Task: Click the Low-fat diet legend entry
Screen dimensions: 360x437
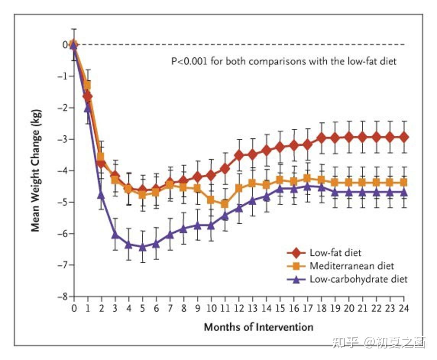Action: tap(335, 253)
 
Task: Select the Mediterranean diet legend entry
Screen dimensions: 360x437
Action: tap(351, 266)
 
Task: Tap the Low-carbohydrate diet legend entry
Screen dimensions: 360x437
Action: tap(358, 279)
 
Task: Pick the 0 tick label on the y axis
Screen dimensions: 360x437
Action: tap(66, 45)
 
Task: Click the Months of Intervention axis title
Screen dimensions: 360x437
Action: tap(258, 327)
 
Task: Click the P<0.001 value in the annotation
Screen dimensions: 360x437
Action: tap(189, 61)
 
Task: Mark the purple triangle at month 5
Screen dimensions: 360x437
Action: tap(143, 247)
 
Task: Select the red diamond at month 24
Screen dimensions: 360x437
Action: tap(403, 137)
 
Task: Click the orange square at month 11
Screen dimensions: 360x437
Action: tap(225, 204)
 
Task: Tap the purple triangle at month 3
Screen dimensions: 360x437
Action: tap(115, 234)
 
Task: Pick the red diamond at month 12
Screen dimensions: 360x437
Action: tap(239, 155)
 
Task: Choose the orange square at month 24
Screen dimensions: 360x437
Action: tap(403, 182)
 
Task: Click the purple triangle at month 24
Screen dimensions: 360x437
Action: tap(403, 192)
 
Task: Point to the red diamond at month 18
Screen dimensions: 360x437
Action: tap(321, 137)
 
